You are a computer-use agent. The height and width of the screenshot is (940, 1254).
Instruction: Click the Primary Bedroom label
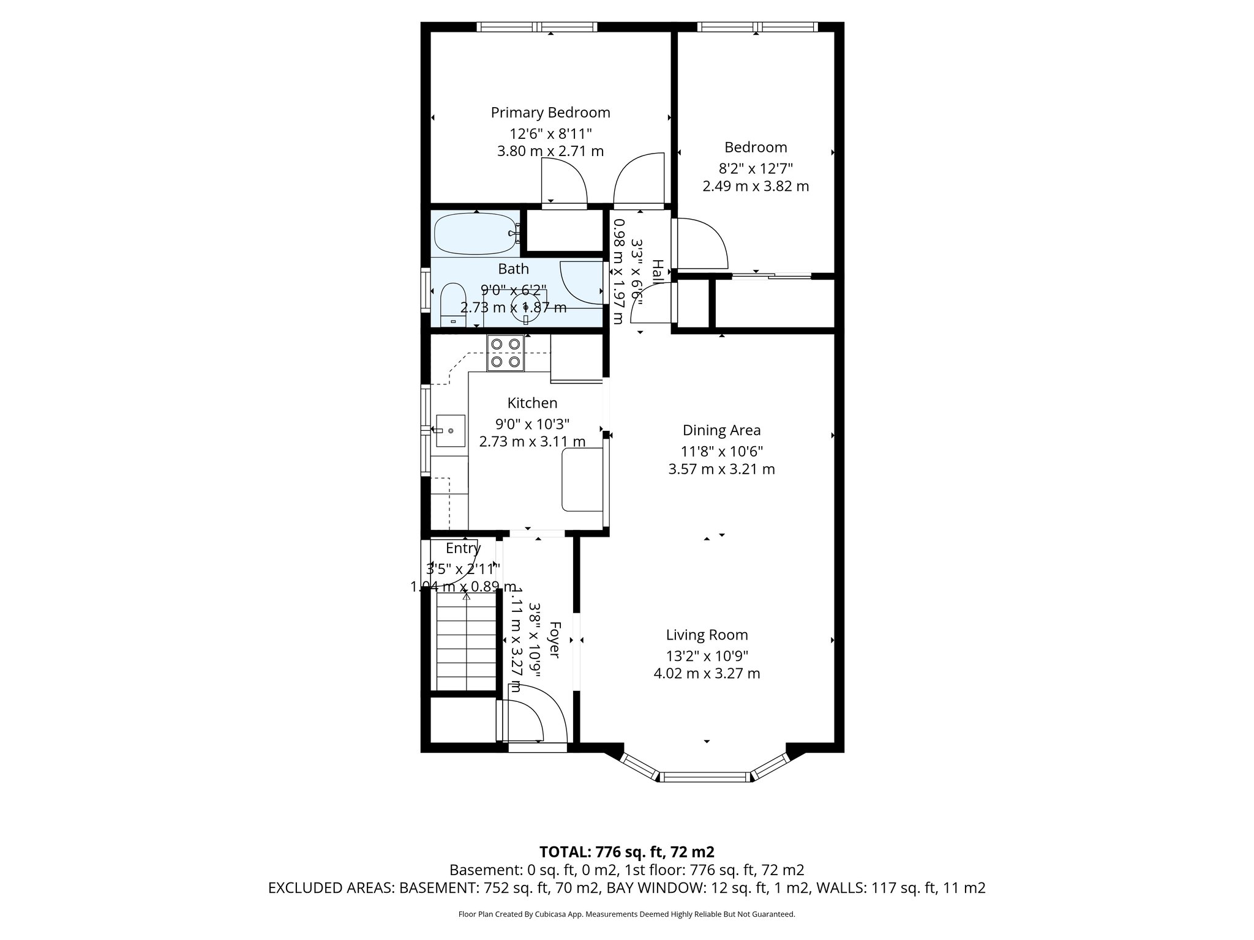tap(550, 113)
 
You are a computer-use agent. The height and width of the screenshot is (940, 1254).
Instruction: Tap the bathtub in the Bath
tap(475, 234)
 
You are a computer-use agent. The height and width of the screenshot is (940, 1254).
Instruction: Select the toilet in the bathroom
tap(454, 304)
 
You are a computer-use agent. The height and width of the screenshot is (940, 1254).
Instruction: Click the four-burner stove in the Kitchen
tap(506, 353)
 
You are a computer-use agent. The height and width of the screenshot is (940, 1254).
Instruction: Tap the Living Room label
tap(707, 635)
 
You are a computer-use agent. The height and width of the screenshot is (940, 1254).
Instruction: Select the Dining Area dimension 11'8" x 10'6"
tap(721, 452)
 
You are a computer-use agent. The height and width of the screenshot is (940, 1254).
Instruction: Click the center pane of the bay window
tap(705, 777)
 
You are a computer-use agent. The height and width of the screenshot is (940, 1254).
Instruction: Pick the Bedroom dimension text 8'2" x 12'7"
tap(755, 167)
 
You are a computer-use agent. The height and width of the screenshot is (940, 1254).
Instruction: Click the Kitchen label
tap(532, 403)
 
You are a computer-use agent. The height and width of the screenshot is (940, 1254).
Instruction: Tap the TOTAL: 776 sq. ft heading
tap(626, 852)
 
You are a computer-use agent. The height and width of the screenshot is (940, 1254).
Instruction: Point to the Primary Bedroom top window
tap(537, 27)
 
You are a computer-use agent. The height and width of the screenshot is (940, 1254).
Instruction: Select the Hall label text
tap(657, 272)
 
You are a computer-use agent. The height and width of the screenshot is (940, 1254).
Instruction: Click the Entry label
tap(463, 548)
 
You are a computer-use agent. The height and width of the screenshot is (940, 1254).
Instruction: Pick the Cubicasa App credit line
tap(626, 914)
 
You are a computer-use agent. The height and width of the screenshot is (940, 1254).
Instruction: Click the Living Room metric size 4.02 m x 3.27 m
tap(707, 674)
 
